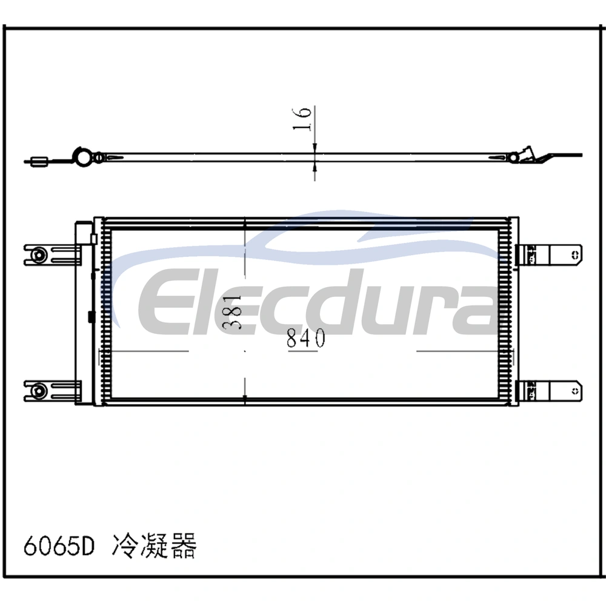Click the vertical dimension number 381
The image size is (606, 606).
(233, 311)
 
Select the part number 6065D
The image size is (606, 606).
(59, 545)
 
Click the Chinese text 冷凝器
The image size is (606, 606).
(154, 545)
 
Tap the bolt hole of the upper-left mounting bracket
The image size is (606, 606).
(39, 255)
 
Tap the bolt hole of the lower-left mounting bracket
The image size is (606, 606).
(39, 390)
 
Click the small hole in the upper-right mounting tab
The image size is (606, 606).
(575, 255)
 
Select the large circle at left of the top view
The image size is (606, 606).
(82, 157)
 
